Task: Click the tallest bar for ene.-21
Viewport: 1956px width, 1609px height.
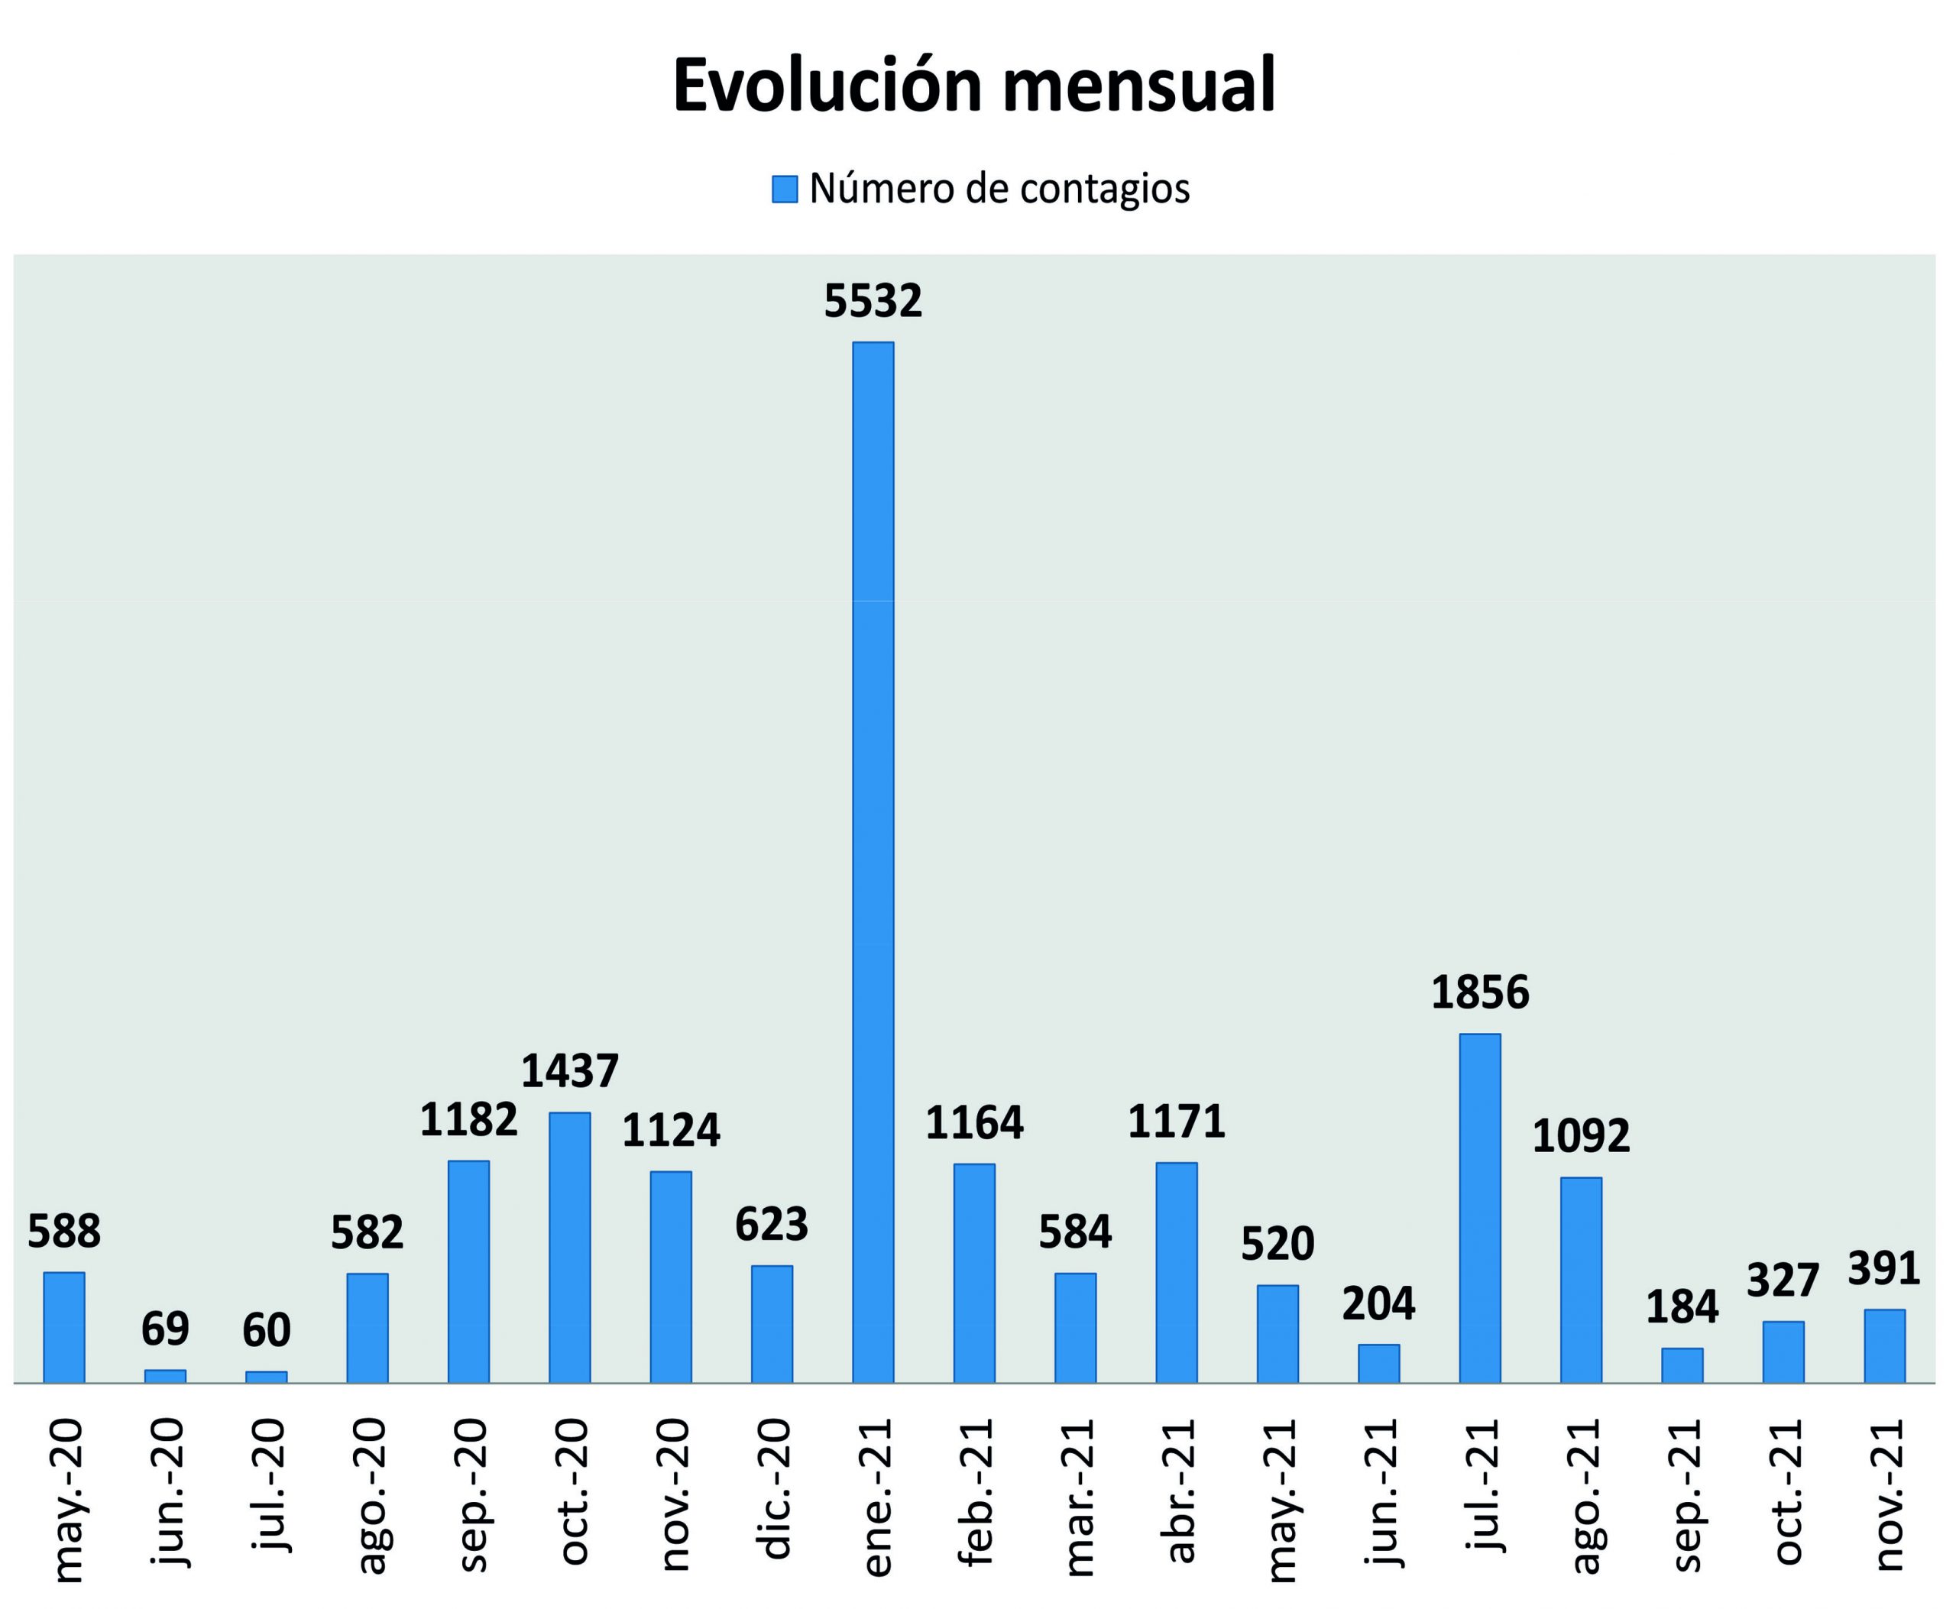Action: [873, 862]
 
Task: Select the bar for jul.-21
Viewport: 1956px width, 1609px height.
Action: [1479, 1208]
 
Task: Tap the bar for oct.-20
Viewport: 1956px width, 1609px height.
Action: [569, 1247]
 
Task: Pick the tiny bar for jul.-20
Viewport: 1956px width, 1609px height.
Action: [266, 1378]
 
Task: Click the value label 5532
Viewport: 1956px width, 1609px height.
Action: [873, 301]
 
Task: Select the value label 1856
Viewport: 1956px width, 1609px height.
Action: [1479, 992]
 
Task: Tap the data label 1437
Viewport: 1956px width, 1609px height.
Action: [569, 1070]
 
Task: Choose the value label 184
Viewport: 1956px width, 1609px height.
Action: [1682, 1307]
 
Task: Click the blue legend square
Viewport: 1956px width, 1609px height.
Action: [784, 189]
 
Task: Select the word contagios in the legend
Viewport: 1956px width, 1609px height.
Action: [1104, 189]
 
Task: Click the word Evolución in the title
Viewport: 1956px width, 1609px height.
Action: [827, 86]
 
